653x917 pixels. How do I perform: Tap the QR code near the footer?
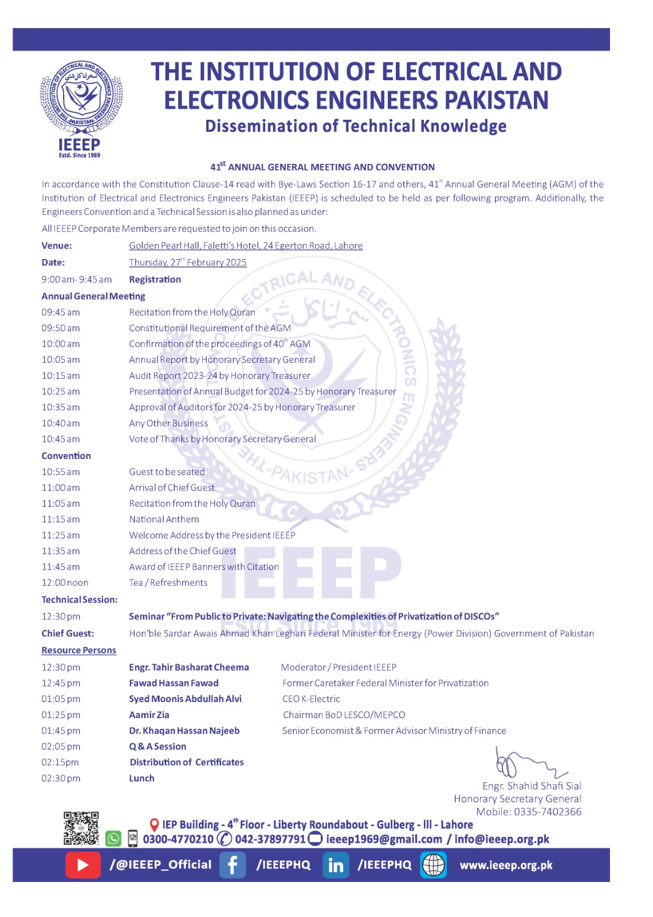tap(81, 828)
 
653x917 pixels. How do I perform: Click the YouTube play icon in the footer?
tap(82, 865)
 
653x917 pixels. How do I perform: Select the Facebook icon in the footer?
tap(233, 865)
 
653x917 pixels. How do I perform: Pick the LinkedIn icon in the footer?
tap(336, 865)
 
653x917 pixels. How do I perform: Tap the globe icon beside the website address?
tap(434, 865)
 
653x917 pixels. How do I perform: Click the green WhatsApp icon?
tap(113, 839)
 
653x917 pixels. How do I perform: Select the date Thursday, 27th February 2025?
tap(188, 262)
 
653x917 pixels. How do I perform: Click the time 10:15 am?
tap(61, 376)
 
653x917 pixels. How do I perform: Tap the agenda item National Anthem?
tap(164, 519)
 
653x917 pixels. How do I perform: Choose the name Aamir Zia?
tap(149, 715)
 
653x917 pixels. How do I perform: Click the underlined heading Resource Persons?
tap(78, 650)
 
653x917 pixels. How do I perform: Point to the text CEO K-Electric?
tap(311, 699)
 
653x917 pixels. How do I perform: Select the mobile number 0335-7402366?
tap(547, 812)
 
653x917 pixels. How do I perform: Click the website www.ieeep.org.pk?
tap(506, 865)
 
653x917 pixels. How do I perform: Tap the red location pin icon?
tap(154, 825)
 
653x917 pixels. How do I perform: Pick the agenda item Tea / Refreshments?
tap(168, 583)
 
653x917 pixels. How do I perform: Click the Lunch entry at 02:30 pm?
tap(141, 778)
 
